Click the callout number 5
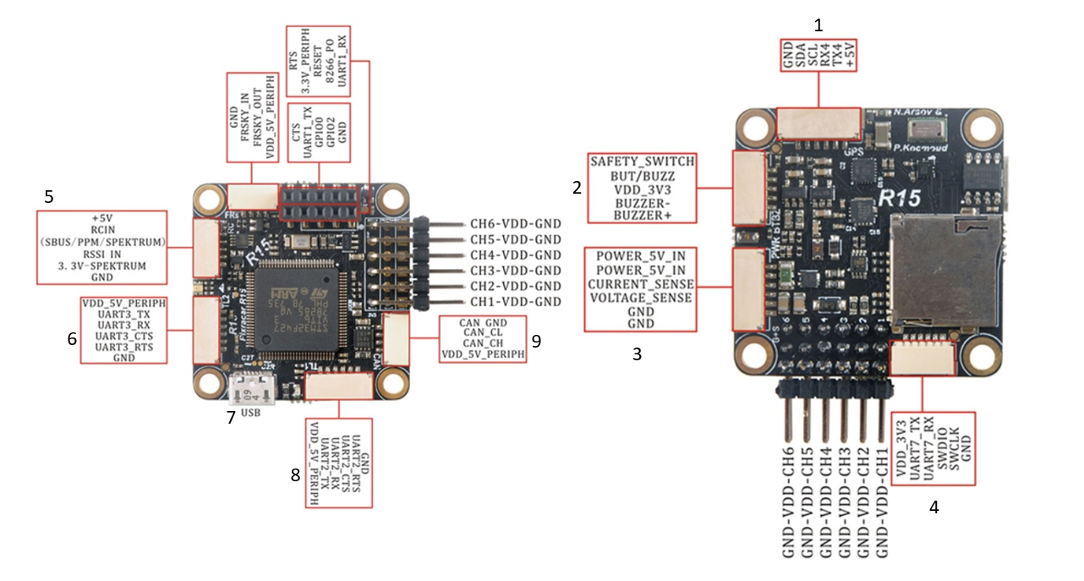[49, 197]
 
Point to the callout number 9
[536, 340]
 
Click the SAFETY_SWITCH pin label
[643, 161]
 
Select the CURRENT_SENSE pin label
[641, 283]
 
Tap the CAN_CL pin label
[483, 333]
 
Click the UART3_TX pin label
[123, 314]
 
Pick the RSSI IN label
[101, 254]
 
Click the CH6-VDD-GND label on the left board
[516, 225]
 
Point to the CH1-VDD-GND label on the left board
[516, 302]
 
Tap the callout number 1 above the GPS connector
[818, 25]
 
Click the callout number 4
[933, 507]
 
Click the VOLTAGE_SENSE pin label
[641, 298]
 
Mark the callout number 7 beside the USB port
[229, 418]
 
